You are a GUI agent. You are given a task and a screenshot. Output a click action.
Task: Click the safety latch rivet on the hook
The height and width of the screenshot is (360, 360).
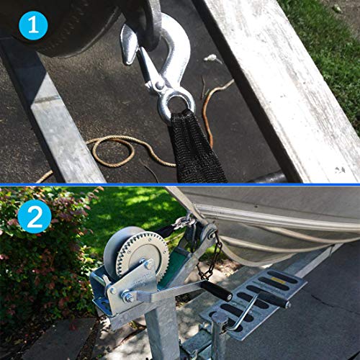click(x=159, y=86)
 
